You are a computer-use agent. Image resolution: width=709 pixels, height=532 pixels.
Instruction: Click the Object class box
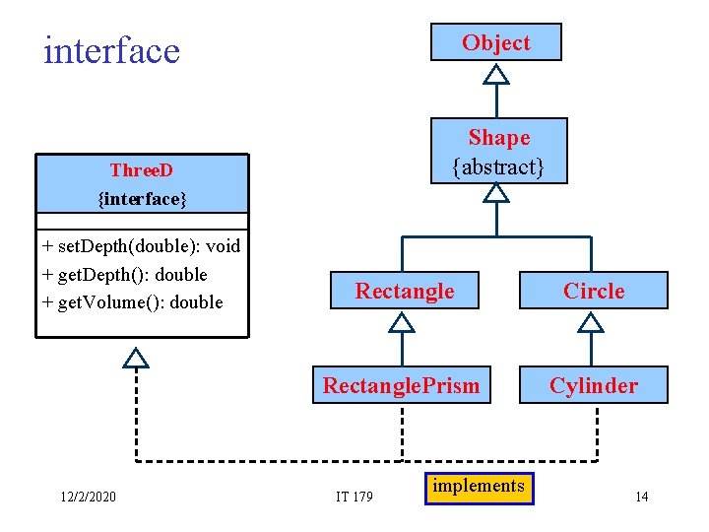point(496,42)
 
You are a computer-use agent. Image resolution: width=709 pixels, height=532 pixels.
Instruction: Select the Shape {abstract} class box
point(498,152)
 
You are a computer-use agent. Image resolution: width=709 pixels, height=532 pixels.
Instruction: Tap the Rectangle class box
point(404,291)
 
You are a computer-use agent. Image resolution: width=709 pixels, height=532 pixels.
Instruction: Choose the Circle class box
point(594,291)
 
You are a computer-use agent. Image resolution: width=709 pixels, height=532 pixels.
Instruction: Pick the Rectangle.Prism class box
point(402,385)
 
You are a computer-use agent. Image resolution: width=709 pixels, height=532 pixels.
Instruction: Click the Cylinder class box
point(594,385)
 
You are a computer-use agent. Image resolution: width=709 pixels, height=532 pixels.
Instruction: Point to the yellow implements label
point(479,487)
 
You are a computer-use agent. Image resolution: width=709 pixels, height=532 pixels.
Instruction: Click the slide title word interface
point(111,50)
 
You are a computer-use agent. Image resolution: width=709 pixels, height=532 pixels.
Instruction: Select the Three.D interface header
point(142,184)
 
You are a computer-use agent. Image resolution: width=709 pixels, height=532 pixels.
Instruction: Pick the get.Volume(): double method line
point(133,301)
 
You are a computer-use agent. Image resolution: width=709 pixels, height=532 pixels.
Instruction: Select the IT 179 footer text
point(354,496)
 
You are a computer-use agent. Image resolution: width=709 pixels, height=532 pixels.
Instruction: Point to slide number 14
point(641,496)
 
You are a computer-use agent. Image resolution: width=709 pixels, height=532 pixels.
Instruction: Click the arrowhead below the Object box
point(497,74)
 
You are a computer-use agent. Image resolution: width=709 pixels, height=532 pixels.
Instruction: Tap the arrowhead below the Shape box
point(497,193)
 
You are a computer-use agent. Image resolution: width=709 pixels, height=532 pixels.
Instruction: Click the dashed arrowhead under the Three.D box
point(136,357)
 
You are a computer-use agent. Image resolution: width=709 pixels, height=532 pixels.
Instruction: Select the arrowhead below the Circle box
point(591,321)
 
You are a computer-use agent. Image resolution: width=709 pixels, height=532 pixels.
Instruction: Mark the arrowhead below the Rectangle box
point(402,321)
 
